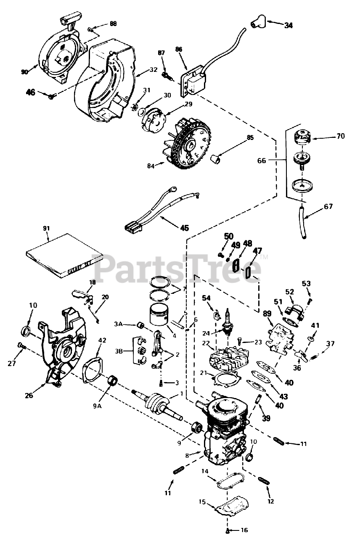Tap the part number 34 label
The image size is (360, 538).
click(288, 25)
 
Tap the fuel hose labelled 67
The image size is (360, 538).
click(302, 222)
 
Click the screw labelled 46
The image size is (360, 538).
click(52, 97)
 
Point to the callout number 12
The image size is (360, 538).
click(270, 501)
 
